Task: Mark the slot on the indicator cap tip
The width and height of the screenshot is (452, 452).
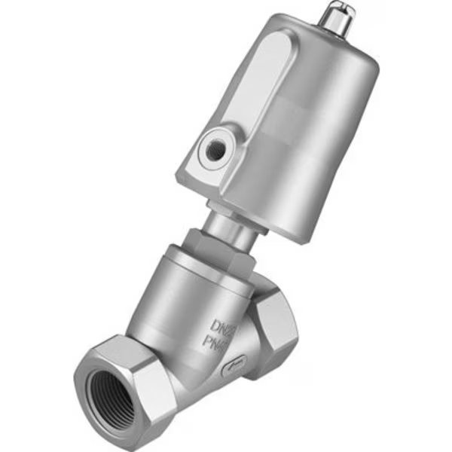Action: pos(334,11)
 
